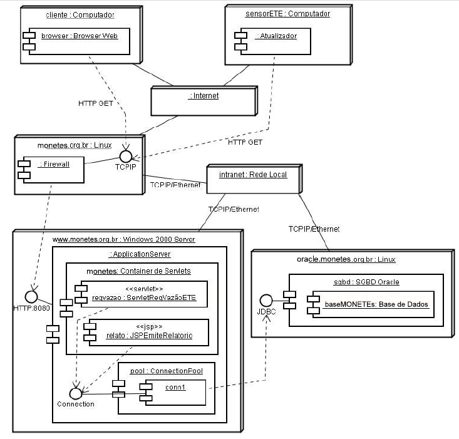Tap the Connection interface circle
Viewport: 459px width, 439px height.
[x=75, y=393]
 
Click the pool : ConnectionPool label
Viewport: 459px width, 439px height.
[x=167, y=371]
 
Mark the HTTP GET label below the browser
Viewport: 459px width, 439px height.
[x=95, y=103]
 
